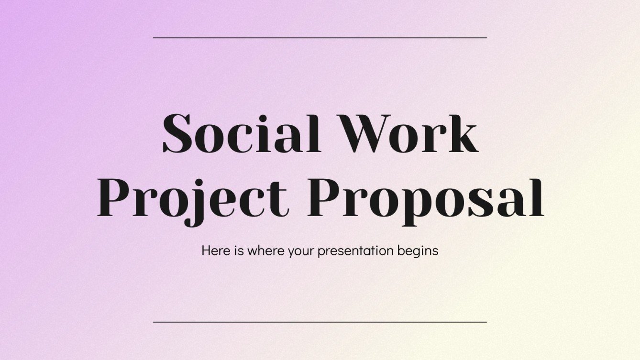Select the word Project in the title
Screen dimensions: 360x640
pos(193,197)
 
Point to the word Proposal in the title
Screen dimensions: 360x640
pos(425,197)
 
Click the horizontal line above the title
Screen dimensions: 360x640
pos(320,37)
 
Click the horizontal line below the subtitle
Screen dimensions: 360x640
pos(320,322)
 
